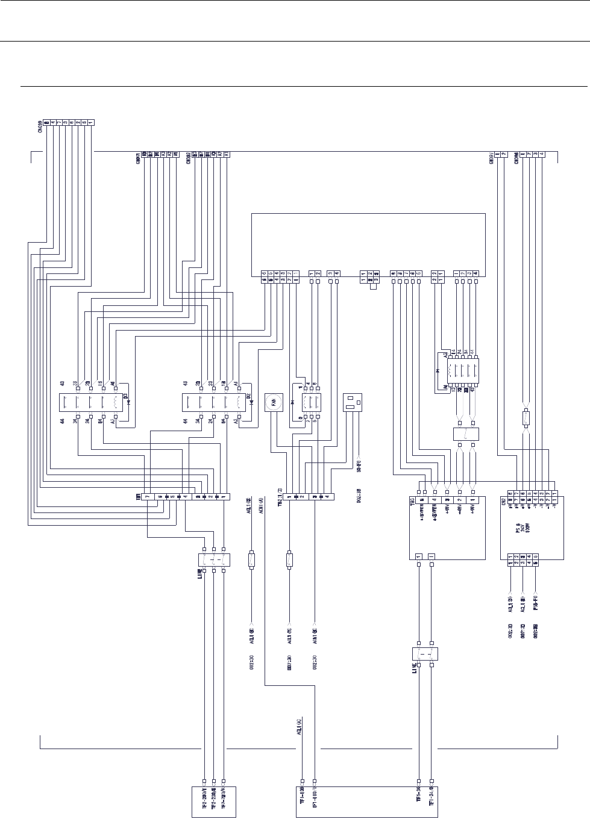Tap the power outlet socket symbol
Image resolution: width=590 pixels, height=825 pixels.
pyautogui.click(x=352, y=402)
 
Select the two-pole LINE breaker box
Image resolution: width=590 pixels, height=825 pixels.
pyautogui.click(x=425, y=655)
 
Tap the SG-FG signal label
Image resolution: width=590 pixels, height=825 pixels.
pyautogui.click(x=359, y=465)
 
